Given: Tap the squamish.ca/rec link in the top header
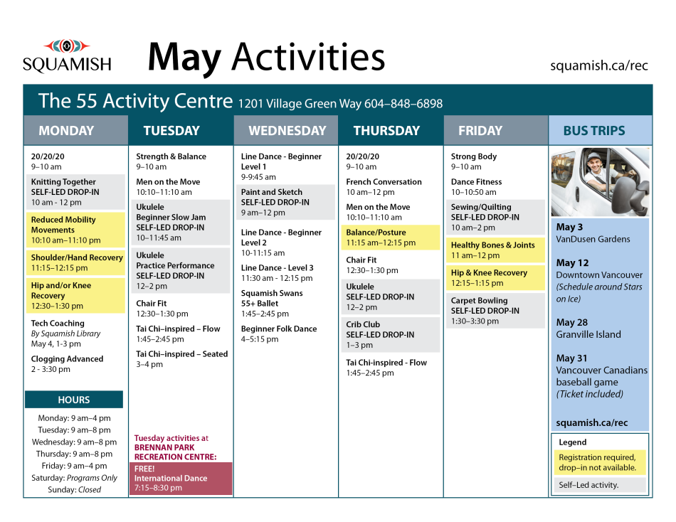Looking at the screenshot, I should coord(598,65).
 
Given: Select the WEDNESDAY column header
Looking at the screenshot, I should coord(287,131).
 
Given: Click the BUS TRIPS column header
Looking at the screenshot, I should coord(593,131).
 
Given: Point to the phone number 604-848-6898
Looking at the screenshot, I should coord(403,104).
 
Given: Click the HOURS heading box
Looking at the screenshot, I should coord(74,400).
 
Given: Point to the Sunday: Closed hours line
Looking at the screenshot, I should coord(74,490).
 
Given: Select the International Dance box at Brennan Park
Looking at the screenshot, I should coord(181,479).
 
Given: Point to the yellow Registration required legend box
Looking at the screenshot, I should coord(599,463).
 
